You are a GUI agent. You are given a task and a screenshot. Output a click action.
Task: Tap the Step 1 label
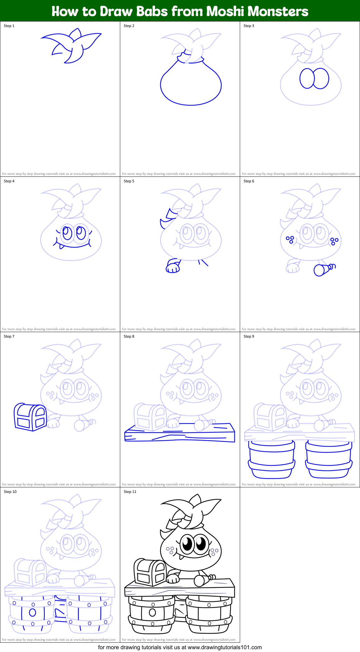point(9,26)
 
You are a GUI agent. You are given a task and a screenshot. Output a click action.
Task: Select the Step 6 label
point(249,181)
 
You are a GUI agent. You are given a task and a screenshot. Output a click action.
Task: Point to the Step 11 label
point(130,492)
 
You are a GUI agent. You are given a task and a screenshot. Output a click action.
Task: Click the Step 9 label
point(249,336)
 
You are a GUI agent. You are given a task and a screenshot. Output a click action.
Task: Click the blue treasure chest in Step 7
point(30,417)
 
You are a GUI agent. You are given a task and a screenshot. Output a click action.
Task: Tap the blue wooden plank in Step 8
point(179,433)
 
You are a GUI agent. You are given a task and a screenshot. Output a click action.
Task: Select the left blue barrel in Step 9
point(272,459)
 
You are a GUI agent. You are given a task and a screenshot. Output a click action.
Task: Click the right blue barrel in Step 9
point(329,459)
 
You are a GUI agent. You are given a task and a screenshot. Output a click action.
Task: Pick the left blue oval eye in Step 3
point(307,78)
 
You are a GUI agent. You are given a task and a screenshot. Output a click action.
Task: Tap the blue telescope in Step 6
point(324,269)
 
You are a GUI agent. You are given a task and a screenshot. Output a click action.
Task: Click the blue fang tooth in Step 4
point(62,246)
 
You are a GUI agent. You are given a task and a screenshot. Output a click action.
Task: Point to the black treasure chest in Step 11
point(150,573)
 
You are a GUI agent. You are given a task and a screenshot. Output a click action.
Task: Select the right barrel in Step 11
point(209,615)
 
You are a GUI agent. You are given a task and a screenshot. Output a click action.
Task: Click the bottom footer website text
point(180,647)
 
